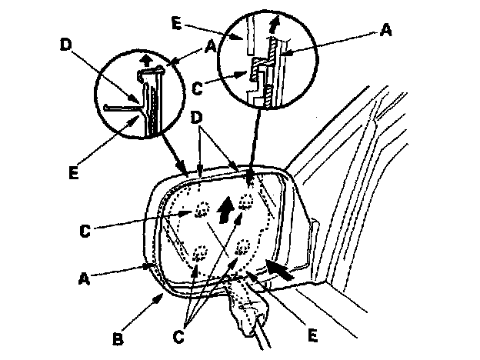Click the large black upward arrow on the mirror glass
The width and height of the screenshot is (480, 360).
225,208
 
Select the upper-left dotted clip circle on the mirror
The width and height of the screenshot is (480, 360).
203,208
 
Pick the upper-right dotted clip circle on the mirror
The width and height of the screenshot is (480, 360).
246,201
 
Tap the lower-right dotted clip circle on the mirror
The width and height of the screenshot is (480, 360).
245,248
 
